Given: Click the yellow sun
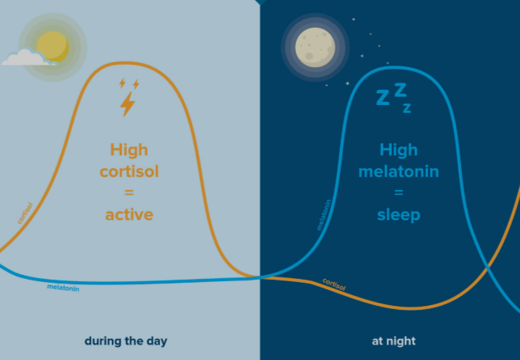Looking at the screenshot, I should click(x=53, y=46).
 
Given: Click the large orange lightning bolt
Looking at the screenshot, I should click(x=127, y=104).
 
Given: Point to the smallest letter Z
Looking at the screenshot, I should click(x=406, y=108).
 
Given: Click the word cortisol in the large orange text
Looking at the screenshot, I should click(x=129, y=171).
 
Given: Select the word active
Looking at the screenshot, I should click(x=129, y=214).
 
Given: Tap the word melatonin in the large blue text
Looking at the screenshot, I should click(x=398, y=171).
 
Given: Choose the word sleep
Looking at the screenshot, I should click(x=399, y=214).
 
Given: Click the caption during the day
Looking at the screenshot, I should click(x=126, y=341).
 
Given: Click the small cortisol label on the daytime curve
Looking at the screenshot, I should click(x=25, y=213).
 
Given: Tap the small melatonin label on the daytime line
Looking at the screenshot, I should click(x=63, y=288).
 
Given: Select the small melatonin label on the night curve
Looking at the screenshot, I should click(x=325, y=216).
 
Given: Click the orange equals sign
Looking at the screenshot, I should click(x=129, y=192).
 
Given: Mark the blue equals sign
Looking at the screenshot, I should click(x=398, y=192).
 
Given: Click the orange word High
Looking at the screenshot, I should click(x=128, y=149).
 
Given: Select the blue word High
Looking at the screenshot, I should click(x=398, y=149).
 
